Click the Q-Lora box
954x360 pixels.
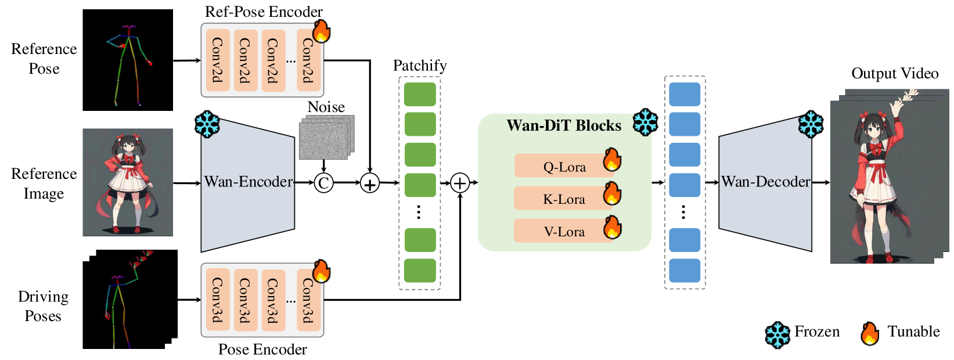[564, 166]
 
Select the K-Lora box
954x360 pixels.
[564, 199]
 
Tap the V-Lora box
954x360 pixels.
[564, 231]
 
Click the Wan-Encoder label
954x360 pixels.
[249, 182]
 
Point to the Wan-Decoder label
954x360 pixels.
[765, 182]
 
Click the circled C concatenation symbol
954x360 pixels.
[323, 183]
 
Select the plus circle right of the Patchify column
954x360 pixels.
[460, 183]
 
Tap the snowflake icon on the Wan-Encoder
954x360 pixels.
[207, 124]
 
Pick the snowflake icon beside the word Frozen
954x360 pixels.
[777, 334]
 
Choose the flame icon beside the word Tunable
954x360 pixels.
[869, 334]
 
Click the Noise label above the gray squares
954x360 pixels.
[326, 107]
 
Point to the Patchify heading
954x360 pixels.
[420, 66]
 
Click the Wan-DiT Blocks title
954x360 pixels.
[564, 125]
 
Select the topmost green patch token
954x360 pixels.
[420, 94]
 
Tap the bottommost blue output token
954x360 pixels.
[685, 271]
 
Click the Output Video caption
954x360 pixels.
[895, 74]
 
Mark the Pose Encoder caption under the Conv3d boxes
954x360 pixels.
[262, 349]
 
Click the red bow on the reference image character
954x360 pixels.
[128, 157]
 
